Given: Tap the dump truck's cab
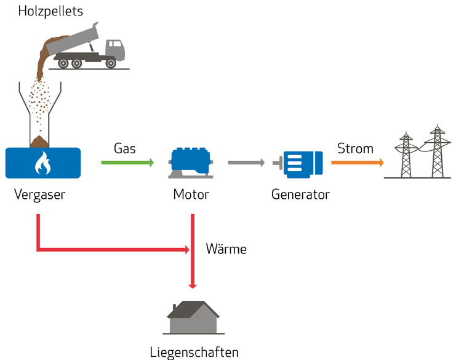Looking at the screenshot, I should [x=114, y=49].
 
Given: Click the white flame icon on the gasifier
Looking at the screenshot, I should [x=42, y=163].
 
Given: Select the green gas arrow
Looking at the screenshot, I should [x=127, y=163].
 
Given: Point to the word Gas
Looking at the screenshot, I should [x=125, y=148].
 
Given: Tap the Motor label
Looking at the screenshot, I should [x=191, y=195].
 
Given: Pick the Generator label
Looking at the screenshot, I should [x=300, y=195].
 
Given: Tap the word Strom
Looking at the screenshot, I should [x=355, y=148].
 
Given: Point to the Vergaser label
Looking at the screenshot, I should [x=39, y=195].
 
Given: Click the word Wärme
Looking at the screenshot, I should [x=226, y=249].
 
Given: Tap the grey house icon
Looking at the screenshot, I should [x=193, y=318].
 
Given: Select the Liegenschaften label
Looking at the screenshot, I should [x=194, y=352].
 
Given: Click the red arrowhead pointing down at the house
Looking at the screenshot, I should [x=193, y=284].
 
